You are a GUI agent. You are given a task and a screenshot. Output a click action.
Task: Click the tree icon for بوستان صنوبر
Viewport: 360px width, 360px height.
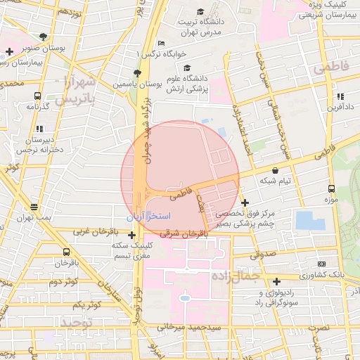[44, 37]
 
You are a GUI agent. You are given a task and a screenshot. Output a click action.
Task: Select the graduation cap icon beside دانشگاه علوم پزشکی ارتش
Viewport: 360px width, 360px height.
[187, 68]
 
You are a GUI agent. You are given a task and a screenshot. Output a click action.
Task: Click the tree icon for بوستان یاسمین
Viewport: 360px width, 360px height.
[136, 73]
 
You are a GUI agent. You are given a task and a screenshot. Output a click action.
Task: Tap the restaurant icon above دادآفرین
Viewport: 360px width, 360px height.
[340, 96]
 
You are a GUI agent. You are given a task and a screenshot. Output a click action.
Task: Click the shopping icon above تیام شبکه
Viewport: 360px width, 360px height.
[274, 170]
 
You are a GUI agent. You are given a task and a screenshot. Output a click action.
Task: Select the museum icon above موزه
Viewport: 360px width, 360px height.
[331, 189]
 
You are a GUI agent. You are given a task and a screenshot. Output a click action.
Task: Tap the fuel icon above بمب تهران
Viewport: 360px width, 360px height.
[34, 207]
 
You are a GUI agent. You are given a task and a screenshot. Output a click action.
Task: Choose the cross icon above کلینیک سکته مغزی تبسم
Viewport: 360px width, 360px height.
[131, 235]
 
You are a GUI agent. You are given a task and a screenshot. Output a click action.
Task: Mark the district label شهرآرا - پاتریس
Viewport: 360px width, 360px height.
[75, 89]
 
